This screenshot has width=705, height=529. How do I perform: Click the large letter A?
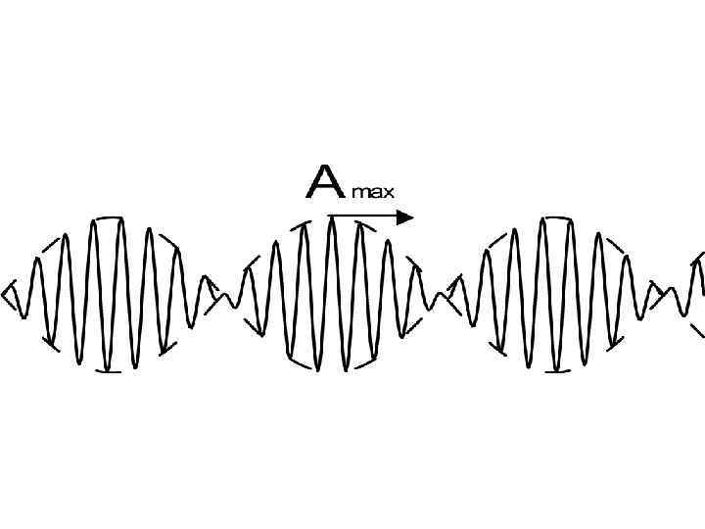pos(324,182)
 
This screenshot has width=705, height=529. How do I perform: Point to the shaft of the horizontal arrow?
pos(362,216)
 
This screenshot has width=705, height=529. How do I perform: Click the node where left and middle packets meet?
pos(228,297)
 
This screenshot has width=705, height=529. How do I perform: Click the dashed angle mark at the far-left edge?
pos(10,294)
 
